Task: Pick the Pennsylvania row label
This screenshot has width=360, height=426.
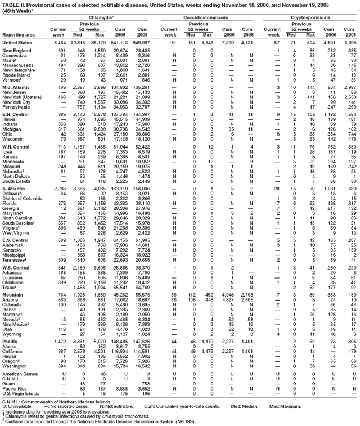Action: (x=17, y=107)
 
